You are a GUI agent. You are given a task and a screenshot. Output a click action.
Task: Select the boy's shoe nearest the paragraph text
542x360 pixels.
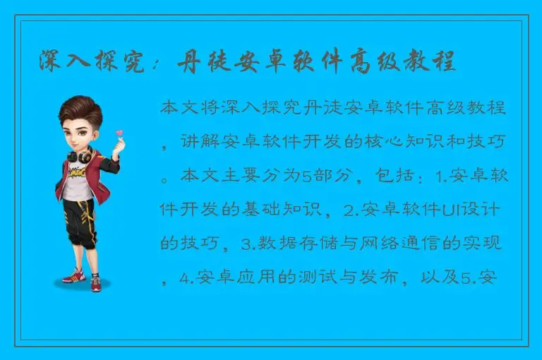click(96, 282)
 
